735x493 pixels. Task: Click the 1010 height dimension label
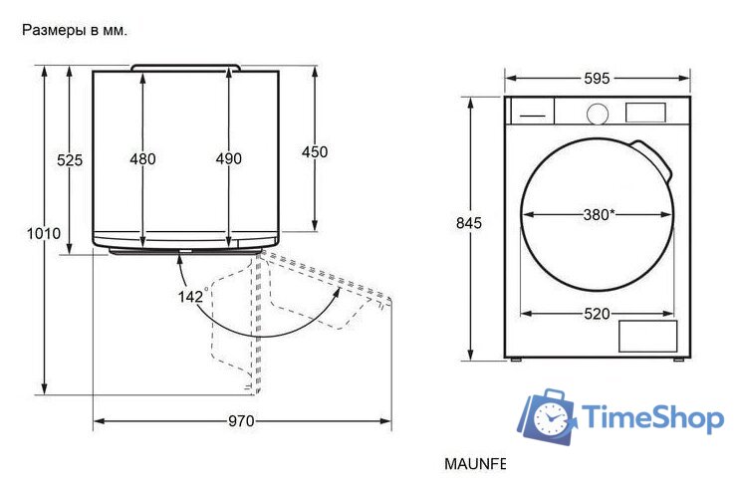(x=44, y=233)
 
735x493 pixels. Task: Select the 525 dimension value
(x=70, y=160)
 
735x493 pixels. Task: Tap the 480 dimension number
(x=143, y=159)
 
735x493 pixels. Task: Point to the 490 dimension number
(x=229, y=158)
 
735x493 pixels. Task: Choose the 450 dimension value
(x=315, y=151)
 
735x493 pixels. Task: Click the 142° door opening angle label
(x=191, y=296)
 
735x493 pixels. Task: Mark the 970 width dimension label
(x=241, y=421)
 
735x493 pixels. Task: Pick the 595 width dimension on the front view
(x=597, y=78)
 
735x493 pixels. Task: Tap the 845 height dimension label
(x=469, y=223)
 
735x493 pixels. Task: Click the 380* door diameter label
(x=599, y=215)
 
